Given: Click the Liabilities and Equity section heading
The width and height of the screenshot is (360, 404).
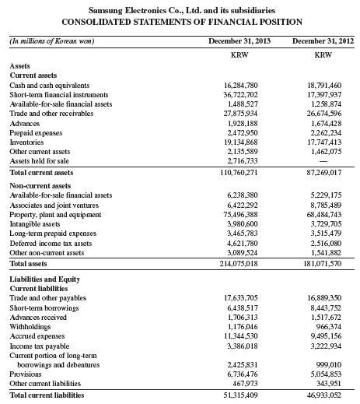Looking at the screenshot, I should pyautogui.click(x=45, y=278).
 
